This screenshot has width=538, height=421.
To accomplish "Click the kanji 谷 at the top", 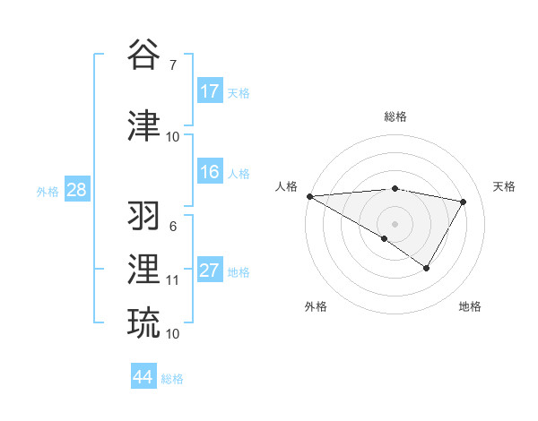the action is click(x=144, y=55).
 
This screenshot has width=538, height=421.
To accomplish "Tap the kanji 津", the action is click(x=144, y=126).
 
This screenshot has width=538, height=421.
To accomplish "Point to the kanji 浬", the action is click(x=144, y=270).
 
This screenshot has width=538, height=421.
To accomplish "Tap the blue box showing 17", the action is click(x=210, y=91).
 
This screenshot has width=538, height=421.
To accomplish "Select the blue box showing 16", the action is click(x=210, y=172).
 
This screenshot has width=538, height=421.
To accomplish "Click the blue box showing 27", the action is click(x=210, y=271).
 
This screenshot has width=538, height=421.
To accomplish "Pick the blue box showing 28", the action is click(x=76, y=190).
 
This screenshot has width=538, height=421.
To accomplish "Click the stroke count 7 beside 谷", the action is click(x=172, y=64).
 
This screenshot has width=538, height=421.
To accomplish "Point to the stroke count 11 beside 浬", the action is click(x=172, y=280).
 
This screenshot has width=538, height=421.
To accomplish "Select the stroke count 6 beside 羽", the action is click(x=172, y=226).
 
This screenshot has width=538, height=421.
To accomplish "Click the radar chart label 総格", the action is click(x=395, y=116).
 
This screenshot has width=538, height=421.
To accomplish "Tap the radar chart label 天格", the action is click(x=504, y=186).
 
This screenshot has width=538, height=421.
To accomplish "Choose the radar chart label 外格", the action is click(x=316, y=306).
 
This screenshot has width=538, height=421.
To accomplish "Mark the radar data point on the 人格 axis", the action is click(x=309, y=196).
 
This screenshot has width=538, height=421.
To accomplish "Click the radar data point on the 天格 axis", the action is click(x=463, y=202).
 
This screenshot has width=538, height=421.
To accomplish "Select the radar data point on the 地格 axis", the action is click(x=427, y=268).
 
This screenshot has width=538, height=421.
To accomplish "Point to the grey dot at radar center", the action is click(x=395, y=223).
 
